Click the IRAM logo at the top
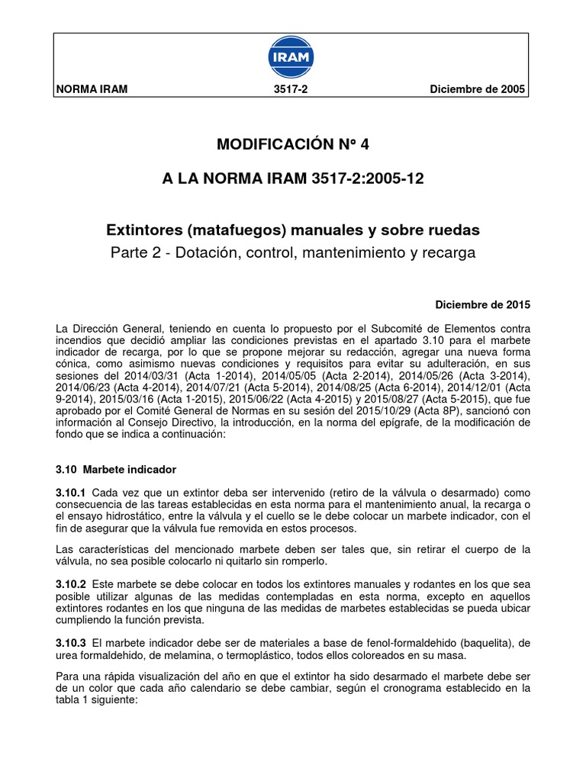click(x=293, y=58)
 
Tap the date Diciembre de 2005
click(x=478, y=89)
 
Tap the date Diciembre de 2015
click(x=481, y=304)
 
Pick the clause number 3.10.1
click(x=71, y=493)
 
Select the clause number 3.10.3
click(x=71, y=642)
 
